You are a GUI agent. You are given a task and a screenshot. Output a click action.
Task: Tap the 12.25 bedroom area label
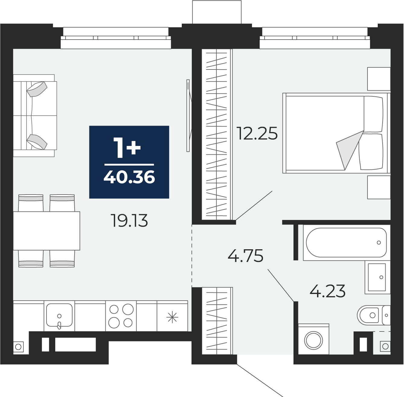click(x=257, y=133)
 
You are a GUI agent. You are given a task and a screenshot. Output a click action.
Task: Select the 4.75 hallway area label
click(x=245, y=256)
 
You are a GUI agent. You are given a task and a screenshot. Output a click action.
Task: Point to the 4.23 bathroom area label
click(x=328, y=291)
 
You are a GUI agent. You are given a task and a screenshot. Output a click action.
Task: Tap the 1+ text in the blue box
click(x=127, y=148)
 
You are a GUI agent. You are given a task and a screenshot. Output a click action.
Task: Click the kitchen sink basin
click(x=59, y=315)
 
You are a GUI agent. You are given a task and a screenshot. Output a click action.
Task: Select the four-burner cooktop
click(x=121, y=316)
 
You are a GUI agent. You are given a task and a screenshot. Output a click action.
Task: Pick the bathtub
click(x=346, y=243)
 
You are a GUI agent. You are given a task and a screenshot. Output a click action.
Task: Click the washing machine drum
click(x=314, y=346)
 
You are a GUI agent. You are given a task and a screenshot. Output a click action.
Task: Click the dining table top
click(x=46, y=231)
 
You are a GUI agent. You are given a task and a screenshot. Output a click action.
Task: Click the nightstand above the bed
click(x=379, y=79)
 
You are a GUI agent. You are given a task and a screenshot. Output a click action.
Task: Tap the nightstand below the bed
click(x=379, y=187)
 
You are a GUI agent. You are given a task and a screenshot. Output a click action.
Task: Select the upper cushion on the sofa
click(x=37, y=89)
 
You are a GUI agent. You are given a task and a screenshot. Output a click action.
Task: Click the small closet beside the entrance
click(x=217, y=321)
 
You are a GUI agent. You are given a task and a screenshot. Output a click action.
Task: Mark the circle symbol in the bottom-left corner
click(x=18, y=347)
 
